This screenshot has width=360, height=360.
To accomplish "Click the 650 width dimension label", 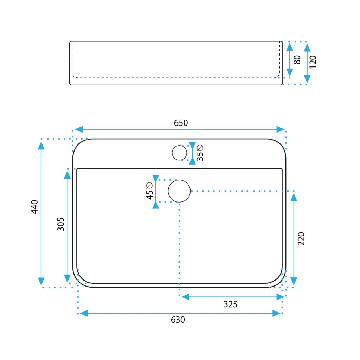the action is coord(181,123).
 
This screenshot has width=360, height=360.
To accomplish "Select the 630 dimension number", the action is coord(178,320).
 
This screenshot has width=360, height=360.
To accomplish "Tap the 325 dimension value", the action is coord(230,304).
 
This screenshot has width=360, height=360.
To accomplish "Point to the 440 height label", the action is coord(35,207).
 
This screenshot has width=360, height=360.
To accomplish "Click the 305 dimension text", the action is coord(60,224).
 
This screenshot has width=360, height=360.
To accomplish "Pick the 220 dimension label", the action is coord(301,239).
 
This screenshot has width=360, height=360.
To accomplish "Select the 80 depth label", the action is coord(297,60).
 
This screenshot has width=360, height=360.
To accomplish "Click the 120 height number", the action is coord(313,62).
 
